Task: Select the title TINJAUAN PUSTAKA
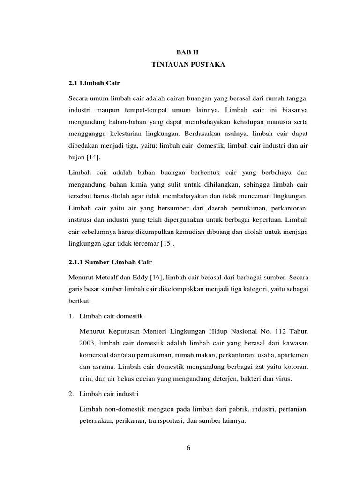tap(189, 66)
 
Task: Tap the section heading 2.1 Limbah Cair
tap(94, 83)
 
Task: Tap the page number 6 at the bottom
tap(188, 447)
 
